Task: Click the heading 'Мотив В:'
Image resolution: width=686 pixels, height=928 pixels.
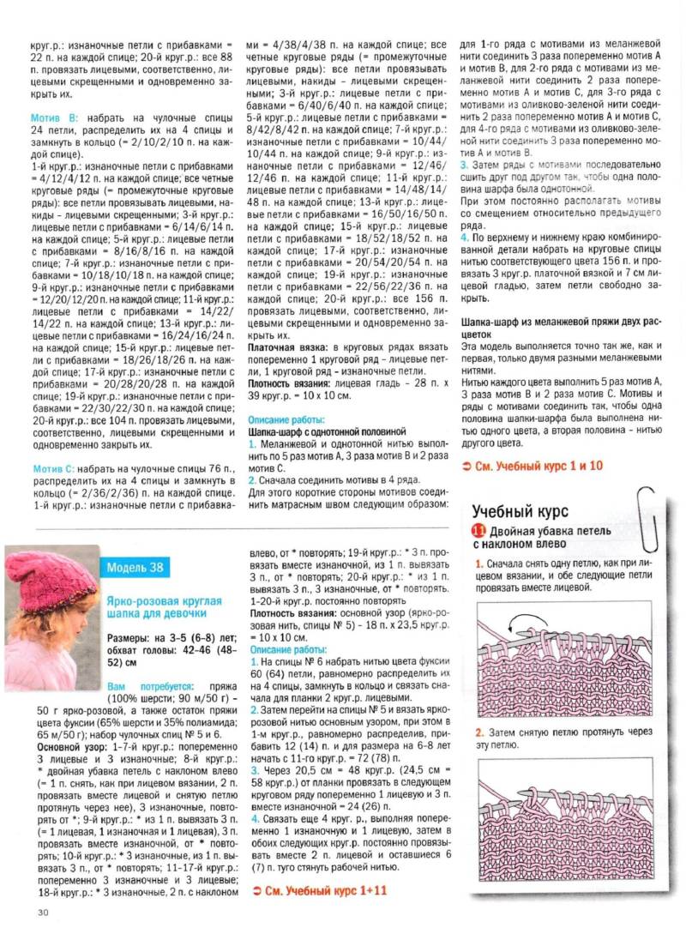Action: (x=55, y=115)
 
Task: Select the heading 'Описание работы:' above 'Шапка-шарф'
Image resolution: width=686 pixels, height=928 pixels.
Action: (x=286, y=421)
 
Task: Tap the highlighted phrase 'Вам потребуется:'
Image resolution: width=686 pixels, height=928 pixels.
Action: (x=147, y=686)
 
